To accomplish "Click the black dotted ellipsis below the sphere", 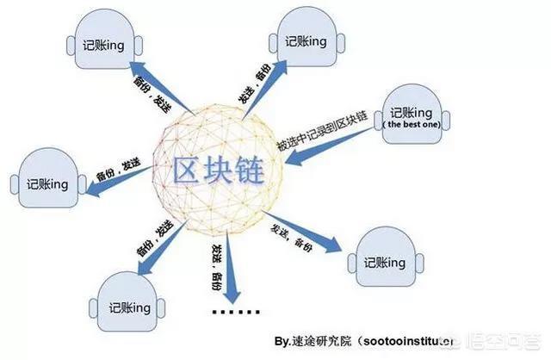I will tap(232, 312).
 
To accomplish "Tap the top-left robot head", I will tap(100, 42).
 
